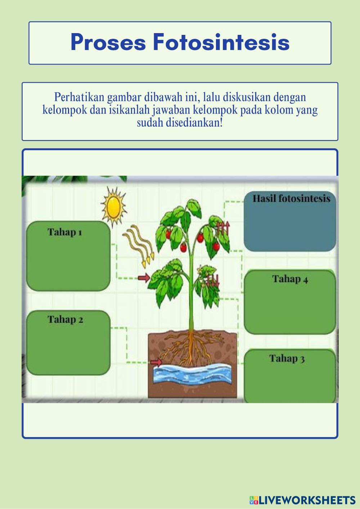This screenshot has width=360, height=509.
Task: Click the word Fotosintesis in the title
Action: [221, 42]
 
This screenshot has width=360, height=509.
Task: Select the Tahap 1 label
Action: [65, 232]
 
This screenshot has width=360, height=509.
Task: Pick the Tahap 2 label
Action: [66, 319]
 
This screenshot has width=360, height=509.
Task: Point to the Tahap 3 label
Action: [287, 359]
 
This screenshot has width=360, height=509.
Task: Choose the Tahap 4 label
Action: [290, 279]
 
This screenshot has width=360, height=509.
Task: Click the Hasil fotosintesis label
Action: [291, 199]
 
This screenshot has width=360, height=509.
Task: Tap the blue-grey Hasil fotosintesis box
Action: [290, 227]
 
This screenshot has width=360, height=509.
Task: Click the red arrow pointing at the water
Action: [156, 362]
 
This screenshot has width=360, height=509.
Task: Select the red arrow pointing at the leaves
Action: [144, 278]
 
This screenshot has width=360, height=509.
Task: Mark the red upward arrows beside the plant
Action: [222, 228]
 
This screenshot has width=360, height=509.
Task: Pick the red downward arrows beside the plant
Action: [213, 280]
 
